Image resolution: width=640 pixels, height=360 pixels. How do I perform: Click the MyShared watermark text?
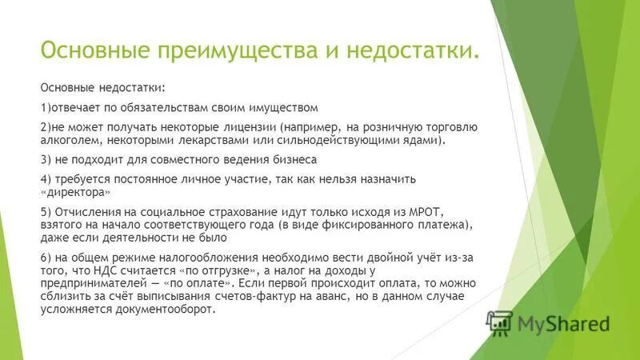[x=564, y=324]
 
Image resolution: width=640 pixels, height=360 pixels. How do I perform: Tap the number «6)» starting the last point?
[x=46, y=258]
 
